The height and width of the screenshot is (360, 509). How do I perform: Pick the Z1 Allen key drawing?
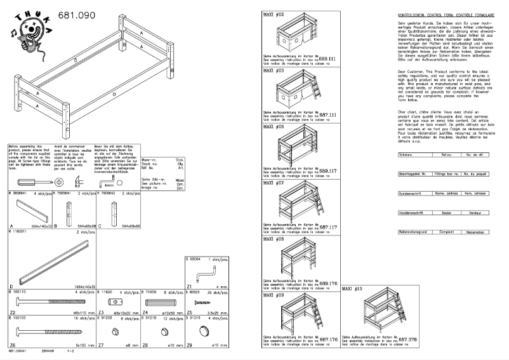click(x=205, y=274)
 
